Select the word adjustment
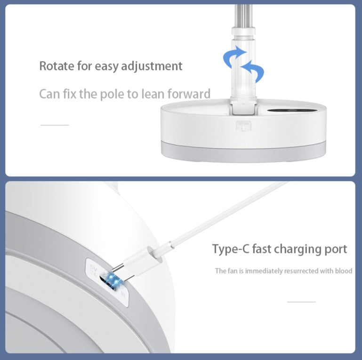[x=152, y=66]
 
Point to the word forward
[x=189, y=94]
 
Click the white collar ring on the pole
[x=243, y=31]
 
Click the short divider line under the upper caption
[x=55, y=125]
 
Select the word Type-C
[x=231, y=249]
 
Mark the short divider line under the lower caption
[x=301, y=302]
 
